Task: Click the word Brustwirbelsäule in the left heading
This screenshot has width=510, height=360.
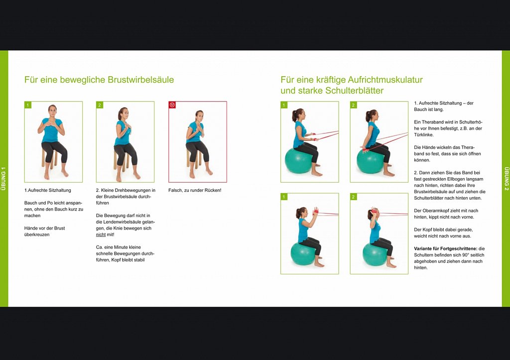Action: pyautogui.click(x=140, y=80)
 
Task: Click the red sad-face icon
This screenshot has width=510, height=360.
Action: pyautogui.click(x=172, y=105)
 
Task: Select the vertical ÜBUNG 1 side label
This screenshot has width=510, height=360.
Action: pyautogui.click(x=3, y=179)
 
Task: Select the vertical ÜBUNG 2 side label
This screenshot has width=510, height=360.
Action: pyautogui.click(x=507, y=179)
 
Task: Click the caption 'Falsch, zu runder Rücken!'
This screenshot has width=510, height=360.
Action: pyautogui.click(x=195, y=190)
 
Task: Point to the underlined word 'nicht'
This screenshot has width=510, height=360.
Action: pyautogui.click(x=101, y=235)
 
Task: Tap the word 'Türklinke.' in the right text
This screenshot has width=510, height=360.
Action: pyautogui.click(x=424, y=134)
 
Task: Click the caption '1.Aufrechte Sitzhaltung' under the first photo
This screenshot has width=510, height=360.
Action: pyautogui.click(x=47, y=190)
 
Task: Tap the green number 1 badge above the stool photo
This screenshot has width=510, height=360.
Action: pyautogui.click(x=28, y=105)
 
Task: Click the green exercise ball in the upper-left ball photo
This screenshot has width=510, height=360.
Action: pyautogui.click(x=299, y=160)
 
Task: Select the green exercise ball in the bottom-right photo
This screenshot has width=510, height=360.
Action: pyautogui.click(x=375, y=254)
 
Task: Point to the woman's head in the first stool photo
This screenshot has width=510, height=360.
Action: pyautogui.click(x=52, y=111)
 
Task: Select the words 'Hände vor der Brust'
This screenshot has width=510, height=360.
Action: pyautogui.click(x=44, y=228)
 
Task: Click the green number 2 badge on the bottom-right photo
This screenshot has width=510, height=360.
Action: pyautogui.click(x=354, y=197)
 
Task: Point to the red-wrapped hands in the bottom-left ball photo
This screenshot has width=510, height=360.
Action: pyautogui.click(x=315, y=212)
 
